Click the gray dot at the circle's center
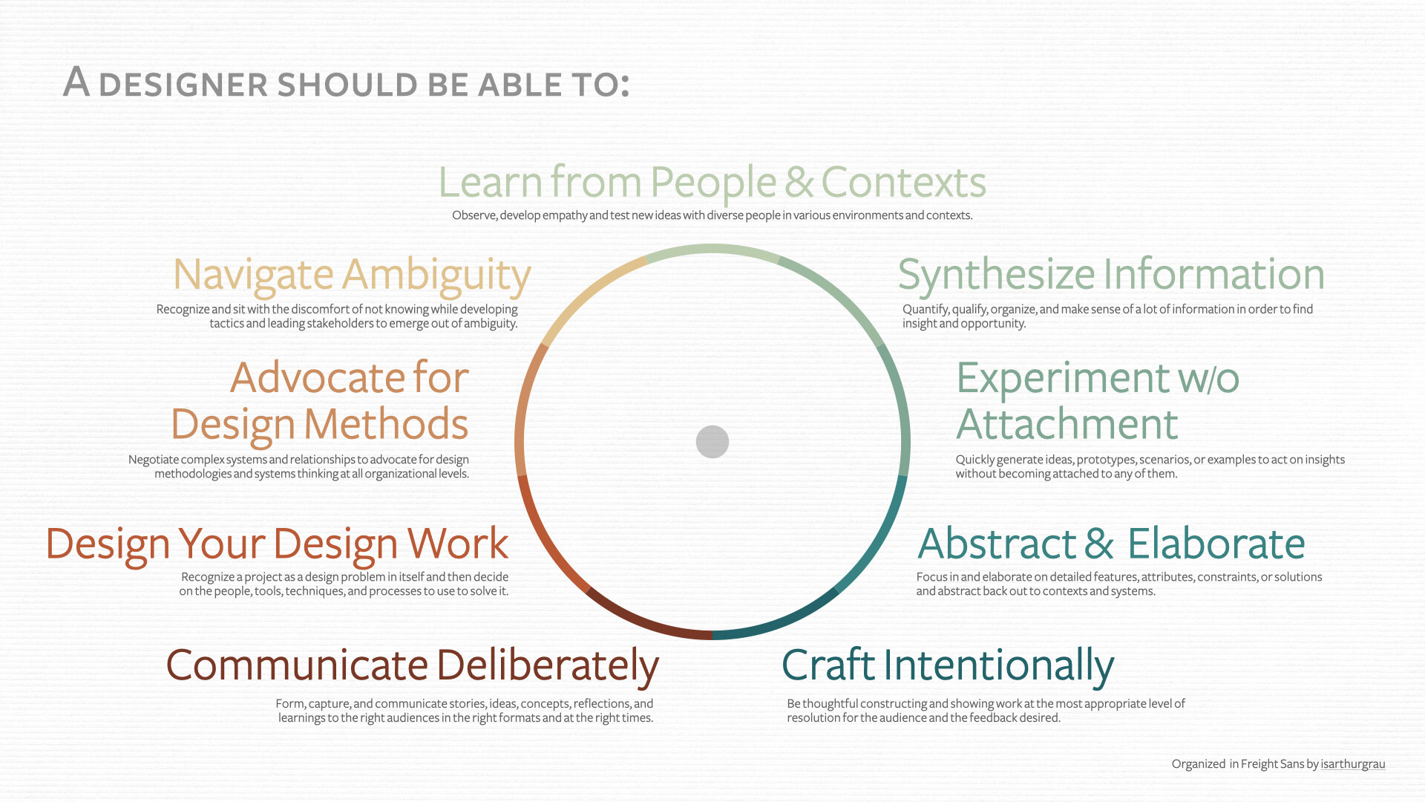712,442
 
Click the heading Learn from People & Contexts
712,183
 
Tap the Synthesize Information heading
1111,275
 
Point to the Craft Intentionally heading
948,665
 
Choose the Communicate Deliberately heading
412,665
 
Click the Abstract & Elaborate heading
1111,544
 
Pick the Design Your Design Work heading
278,545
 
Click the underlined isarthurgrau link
1352,764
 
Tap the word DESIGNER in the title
183,85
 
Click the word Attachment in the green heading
1067,425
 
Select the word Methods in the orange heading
386,425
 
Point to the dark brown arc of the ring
643,621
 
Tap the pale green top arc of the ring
712,250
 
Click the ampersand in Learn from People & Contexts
799,183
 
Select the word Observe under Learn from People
474,215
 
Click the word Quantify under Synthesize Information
926,310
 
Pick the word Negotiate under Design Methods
153,460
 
